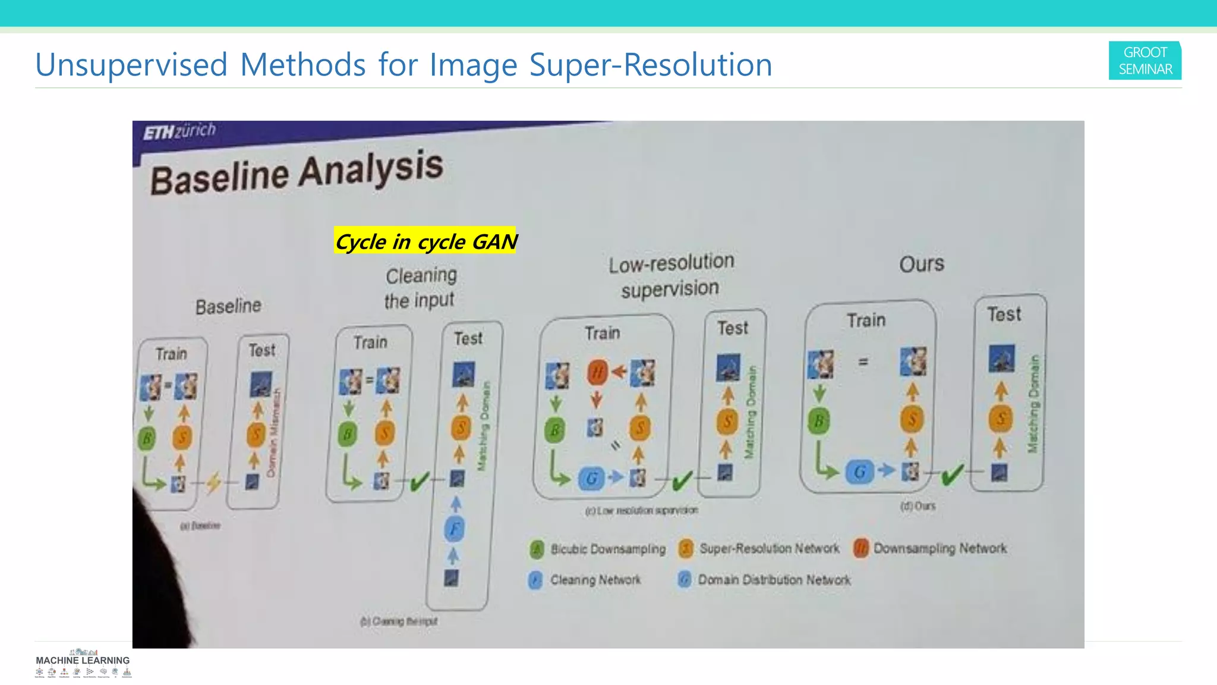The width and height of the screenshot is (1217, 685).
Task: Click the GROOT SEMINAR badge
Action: point(1145,61)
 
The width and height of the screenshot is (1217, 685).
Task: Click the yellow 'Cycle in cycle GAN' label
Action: point(425,241)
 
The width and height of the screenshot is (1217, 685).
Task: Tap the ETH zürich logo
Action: point(179,131)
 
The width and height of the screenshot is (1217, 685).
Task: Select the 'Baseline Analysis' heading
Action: point(296,173)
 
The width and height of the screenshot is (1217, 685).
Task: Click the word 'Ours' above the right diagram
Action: point(921,263)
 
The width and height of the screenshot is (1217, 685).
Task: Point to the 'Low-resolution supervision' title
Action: point(671,275)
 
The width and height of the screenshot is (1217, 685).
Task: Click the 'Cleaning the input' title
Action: point(420,288)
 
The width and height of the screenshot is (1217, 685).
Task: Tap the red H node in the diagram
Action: point(597,372)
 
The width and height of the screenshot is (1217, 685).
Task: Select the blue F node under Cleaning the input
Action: point(455,529)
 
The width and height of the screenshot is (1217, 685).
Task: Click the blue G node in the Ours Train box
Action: point(859,472)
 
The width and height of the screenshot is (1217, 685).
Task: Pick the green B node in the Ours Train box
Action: point(818,421)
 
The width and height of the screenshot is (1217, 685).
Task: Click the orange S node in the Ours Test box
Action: point(1001,418)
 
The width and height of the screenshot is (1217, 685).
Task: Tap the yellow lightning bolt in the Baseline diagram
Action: point(213,482)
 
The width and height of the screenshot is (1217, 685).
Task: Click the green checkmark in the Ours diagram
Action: point(952,474)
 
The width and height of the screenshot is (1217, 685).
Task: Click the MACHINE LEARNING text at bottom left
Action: point(83,660)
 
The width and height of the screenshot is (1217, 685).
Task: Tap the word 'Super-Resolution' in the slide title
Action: point(650,65)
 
